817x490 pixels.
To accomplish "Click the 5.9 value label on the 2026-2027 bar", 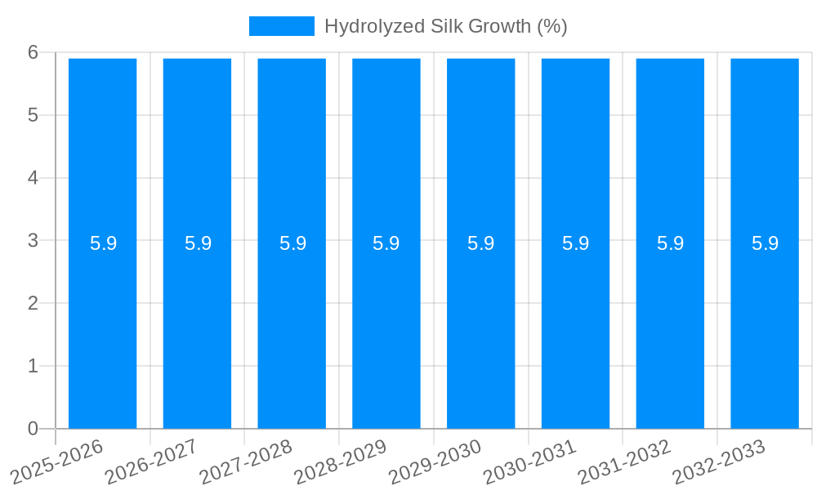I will pyautogui.click(x=198, y=243).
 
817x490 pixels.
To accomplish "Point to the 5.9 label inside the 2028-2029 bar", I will pyautogui.click(x=386, y=243).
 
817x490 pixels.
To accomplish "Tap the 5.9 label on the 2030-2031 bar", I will pyautogui.click(x=576, y=243).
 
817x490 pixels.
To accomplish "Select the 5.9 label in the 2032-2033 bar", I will pyautogui.click(x=765, y=243).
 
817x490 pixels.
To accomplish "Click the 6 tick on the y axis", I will pyautogui.click(x=33, y=52).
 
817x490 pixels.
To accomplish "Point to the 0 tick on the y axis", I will pyautogui.click(x=33, y=429).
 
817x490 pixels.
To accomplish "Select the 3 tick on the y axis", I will pyautogui.click(x=33, y=241).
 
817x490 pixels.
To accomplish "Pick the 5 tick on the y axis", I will pyautogui.click(x=33, y=115).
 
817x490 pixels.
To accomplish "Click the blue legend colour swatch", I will pyautogui.click(x=281, y=26).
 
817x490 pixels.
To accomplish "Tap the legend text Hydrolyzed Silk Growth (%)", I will pyautogui.click(x=445, y=26).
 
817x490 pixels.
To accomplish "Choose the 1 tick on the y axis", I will pyautogui.click(x=33, y=366).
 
